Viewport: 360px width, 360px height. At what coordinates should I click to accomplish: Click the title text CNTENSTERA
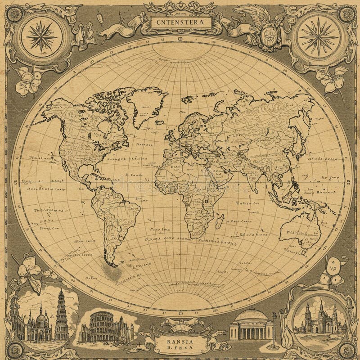(180, 21)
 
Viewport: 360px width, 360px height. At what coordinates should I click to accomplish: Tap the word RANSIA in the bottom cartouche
(180, 340)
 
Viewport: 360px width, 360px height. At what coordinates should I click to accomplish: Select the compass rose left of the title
(40, 35)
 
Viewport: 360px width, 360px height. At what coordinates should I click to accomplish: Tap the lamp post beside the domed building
(274, 331)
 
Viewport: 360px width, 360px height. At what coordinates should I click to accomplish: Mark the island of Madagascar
(219, 221)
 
